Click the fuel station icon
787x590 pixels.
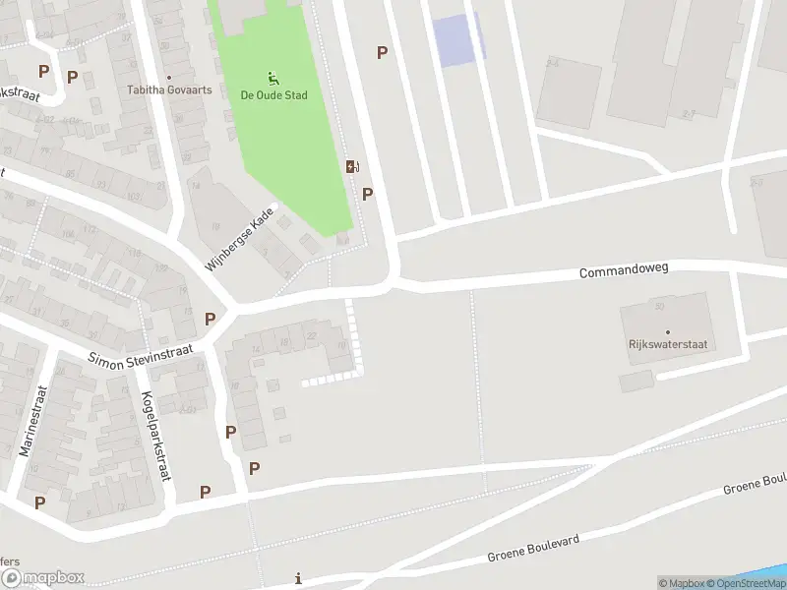[351, 167]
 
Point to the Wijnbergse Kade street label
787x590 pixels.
[239, 239]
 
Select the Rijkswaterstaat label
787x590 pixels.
[668, 345]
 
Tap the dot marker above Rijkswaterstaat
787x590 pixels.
[668, 332]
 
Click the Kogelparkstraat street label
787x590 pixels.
[155, 437]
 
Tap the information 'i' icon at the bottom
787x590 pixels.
[298, 579]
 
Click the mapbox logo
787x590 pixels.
[42, 578]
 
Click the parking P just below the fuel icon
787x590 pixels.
[367, 194]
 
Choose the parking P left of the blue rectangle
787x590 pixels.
[382, 52]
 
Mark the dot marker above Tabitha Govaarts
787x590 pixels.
[169, 77]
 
